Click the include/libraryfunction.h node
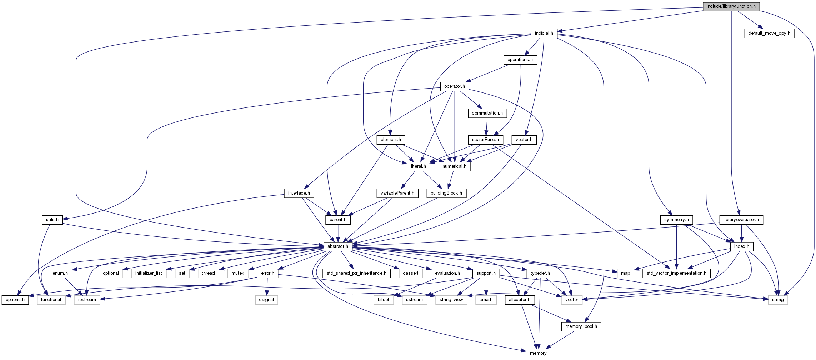[731, 6]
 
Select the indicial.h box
[544, 33]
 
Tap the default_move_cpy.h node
[769, 33]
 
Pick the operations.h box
[520, 60]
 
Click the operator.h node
[454, 86]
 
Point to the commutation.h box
[487, 113]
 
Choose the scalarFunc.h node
[485, 140]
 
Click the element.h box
[391, 140]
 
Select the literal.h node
[418, 166]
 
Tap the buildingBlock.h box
[446, 193]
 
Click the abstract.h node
[338, 246]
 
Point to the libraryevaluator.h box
[741, 220]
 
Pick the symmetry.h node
[676, 220]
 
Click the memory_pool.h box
[581, 326]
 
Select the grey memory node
[538, 353]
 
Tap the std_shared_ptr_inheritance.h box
[356, 273]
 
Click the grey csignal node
[266, 300]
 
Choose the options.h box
[15, 300]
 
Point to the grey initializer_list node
[149, 273]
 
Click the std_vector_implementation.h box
[676, 273]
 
